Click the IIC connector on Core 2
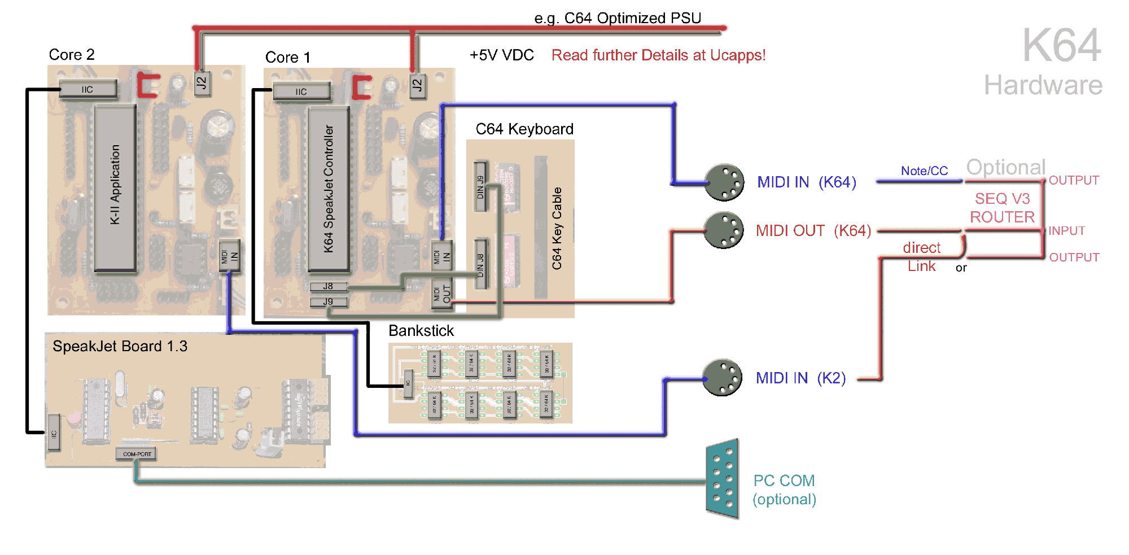[87, 89]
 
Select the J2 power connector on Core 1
[417, 86]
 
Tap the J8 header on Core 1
[328, 286]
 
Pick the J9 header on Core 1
[328, 301]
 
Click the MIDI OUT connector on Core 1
[441, 294]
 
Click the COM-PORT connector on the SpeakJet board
[137, 453]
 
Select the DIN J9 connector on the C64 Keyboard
[480, 186]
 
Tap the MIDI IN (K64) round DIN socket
[724, 182]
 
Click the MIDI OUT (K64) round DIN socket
[724, 230]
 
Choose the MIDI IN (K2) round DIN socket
[723, 378]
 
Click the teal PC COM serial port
[723, 479]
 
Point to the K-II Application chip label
[115, 185]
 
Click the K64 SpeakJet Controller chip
[329, 189]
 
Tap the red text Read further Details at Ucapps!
[658, 55]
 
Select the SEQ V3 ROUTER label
[1002, 208]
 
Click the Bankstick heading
[421, 331]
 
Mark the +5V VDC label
[501, 55]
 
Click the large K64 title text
[1061, 46]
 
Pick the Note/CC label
[924, 171]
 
